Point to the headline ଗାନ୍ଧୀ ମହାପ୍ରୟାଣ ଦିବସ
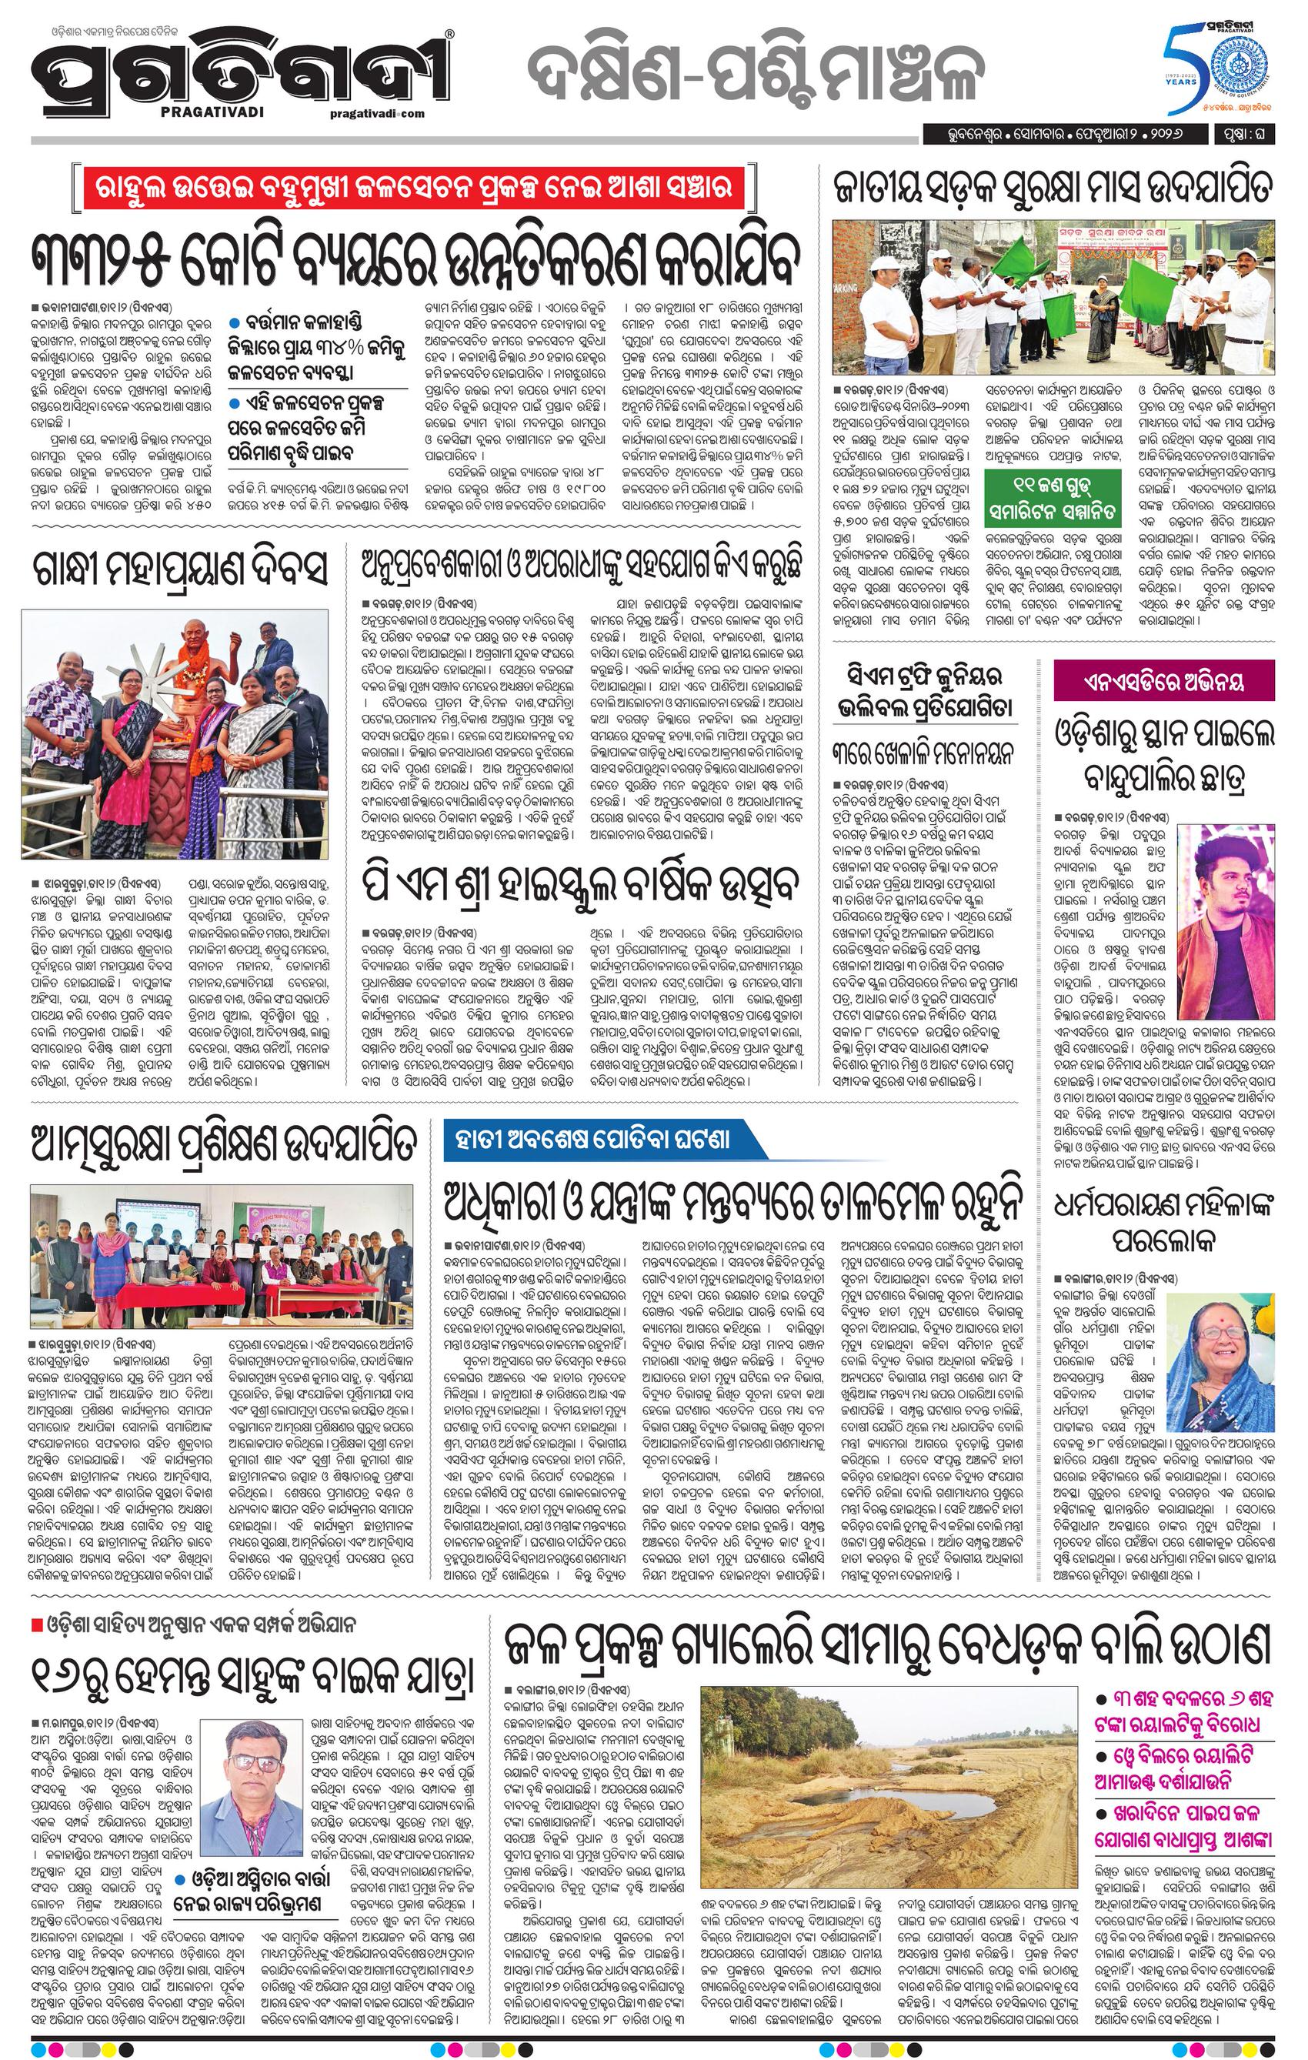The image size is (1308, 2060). [181, 571]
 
